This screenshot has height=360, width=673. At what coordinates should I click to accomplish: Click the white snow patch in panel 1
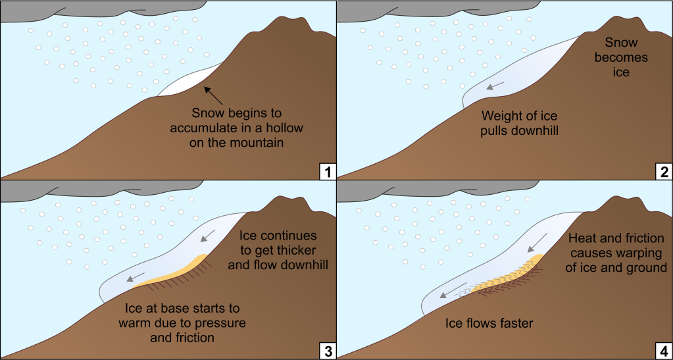[x=187, y=82]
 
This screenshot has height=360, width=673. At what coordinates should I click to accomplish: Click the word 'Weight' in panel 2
[x=503, y=116]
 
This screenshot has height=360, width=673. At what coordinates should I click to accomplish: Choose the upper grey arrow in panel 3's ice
[x=209, y=235]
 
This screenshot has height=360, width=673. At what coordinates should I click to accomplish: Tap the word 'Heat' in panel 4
[x=584, y=238]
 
